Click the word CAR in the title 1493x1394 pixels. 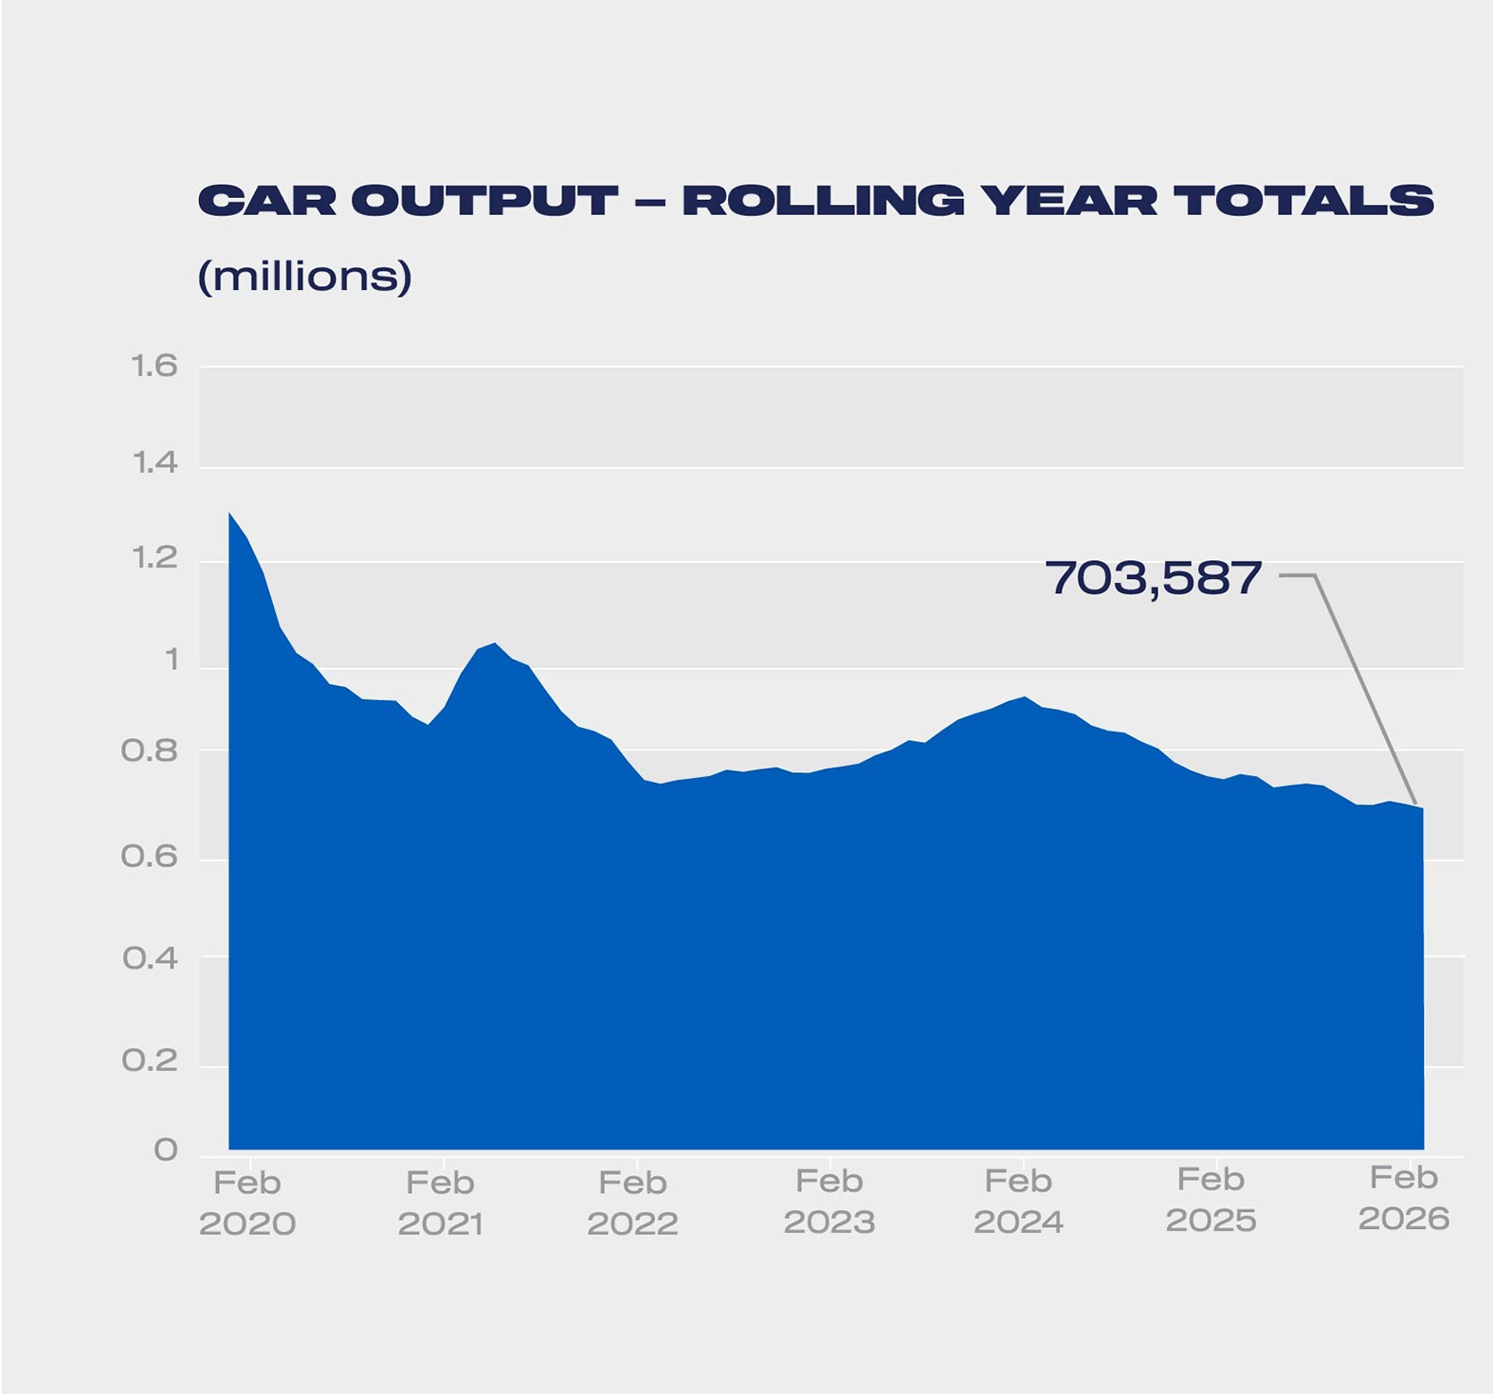266,201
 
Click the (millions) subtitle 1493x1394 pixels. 304,276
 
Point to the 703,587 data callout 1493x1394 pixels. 1153,577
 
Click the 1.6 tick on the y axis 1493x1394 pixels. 155,366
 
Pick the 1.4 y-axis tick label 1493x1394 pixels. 155,462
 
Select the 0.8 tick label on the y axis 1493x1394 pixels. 150,751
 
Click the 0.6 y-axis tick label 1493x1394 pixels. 150,857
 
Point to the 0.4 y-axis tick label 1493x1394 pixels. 150,958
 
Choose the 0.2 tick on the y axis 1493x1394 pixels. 150,1059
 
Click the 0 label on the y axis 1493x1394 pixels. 166,1150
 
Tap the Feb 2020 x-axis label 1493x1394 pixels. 247,1203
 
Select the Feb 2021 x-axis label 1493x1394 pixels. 441,1203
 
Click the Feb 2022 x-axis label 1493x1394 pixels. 632,1203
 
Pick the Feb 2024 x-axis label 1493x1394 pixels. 1018,1202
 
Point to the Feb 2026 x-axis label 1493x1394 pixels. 1404,1198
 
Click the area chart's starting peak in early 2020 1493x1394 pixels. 230,514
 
